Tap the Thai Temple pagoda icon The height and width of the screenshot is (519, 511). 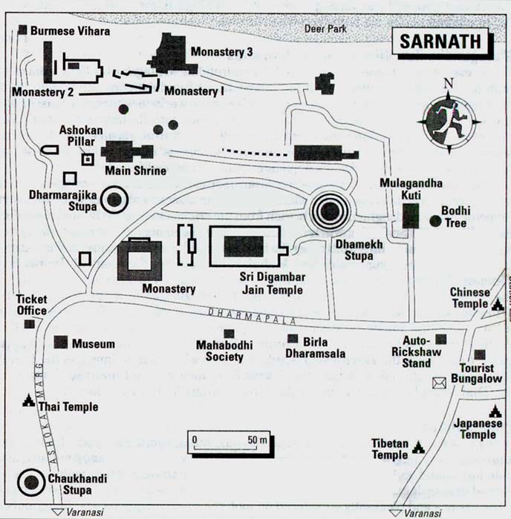click(28, 400)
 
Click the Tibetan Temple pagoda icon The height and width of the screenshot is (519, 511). click(418, 447)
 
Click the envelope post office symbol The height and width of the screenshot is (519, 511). click(439, 383)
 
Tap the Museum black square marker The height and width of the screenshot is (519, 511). click(61, 343)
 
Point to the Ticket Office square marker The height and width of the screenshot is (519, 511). click(29, 324)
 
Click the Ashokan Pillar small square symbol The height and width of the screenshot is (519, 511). click(88, 159)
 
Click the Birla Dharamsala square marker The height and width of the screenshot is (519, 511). click(293, 339)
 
